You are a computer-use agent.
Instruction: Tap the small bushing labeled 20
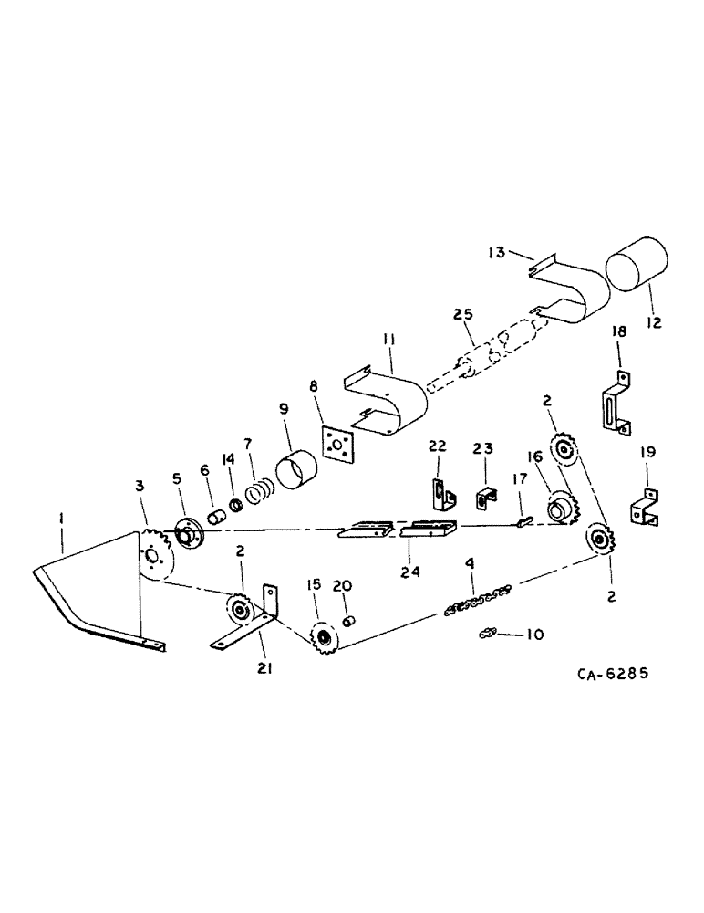347,621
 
